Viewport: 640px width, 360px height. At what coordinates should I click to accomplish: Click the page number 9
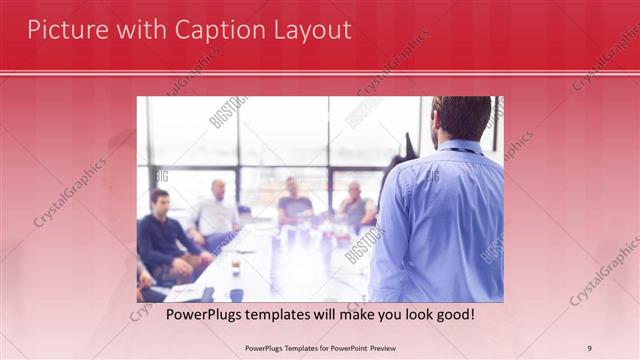590,348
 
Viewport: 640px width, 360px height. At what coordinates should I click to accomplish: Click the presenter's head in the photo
463,117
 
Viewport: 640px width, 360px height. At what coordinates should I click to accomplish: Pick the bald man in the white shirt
215,210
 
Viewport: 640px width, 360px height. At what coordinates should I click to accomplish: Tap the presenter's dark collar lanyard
462,151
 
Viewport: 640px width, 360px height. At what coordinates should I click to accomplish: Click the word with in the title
136,30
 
